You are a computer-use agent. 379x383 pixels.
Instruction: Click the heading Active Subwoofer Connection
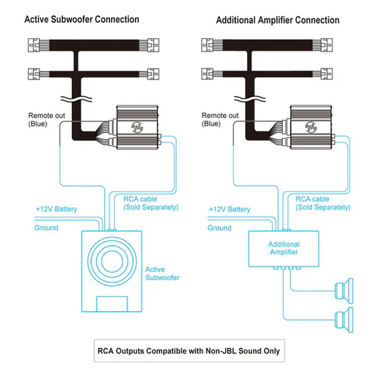(81, 19)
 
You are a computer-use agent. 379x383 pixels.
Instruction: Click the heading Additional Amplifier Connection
(278, 20)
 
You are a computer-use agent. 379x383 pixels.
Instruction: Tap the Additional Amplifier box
(283, 249)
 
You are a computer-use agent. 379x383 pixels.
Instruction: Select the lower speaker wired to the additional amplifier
(344, 319)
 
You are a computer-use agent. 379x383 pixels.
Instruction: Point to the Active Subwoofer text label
(162, 273)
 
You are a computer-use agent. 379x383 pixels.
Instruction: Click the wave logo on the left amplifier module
(138, 127)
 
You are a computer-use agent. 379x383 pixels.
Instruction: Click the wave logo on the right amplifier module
(311, 127)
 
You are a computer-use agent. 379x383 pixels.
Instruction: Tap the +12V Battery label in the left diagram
(56, 209)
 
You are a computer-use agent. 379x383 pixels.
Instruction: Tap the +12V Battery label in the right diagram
(229, 210)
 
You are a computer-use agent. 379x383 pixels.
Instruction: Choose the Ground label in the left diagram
(47, 227)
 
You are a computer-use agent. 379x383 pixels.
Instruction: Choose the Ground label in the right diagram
(220, 228)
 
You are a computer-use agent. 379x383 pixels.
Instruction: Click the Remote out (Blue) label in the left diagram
(47, 119)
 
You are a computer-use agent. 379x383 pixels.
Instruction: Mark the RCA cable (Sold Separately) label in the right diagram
(323, 203)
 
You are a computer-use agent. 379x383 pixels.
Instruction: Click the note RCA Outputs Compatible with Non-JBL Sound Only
(189, 351)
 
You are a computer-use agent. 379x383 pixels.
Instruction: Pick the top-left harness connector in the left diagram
(38, 45)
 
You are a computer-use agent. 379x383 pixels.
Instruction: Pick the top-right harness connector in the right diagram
(322, 45)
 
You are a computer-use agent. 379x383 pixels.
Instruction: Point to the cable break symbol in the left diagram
(77, 99)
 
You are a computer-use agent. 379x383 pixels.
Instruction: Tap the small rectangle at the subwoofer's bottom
(112, 304)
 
